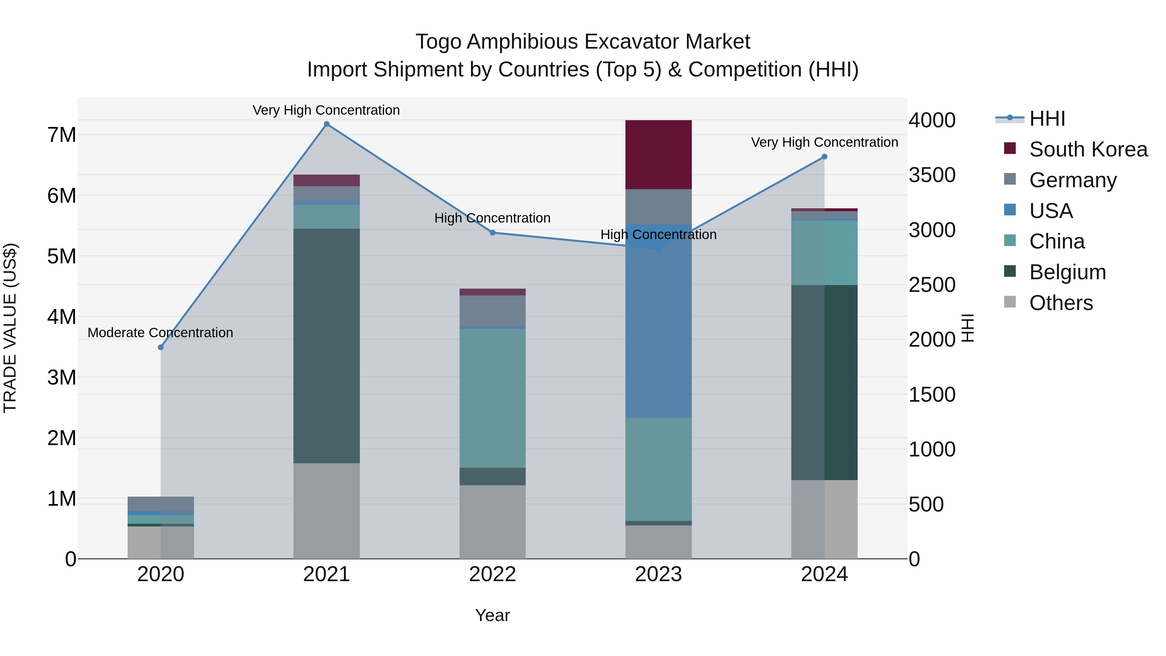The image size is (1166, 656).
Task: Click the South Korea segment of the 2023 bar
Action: [658, 155]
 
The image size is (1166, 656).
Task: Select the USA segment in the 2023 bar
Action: [658, 321]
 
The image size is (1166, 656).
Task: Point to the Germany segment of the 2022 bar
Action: [492, 311]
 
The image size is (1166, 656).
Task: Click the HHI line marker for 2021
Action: [326, 124]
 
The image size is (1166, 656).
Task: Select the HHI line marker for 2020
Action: [161, 347]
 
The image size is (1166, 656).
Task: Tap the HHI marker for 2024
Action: [824, 157]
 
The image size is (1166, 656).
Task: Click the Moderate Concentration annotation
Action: [160, 333]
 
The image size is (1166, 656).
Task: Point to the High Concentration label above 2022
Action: [492, 218]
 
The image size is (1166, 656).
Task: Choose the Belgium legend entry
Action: [1067, 272]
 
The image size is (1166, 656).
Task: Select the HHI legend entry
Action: [1046, 119]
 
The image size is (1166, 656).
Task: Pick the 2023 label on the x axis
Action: [658, 574]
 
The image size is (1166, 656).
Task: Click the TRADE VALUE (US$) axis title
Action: [10, 328]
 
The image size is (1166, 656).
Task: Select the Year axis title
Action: [492, 615]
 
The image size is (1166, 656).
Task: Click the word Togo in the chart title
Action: [438, 42]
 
